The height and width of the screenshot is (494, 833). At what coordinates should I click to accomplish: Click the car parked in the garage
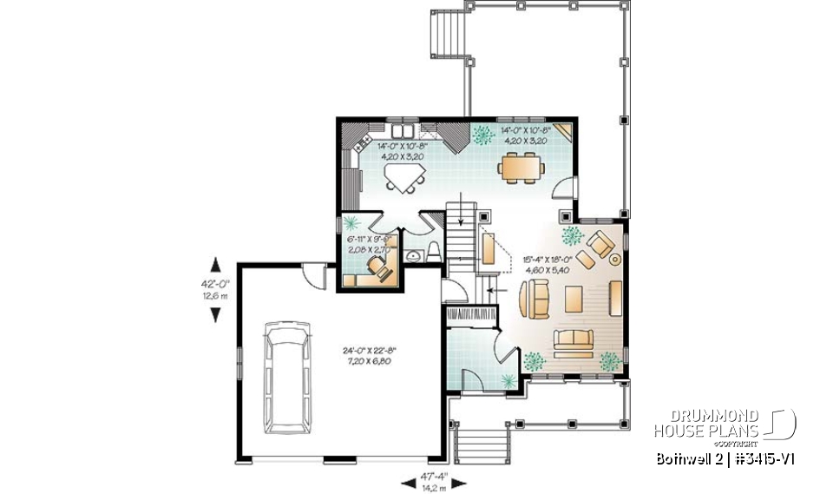pyautogui.click(x=292, y=377)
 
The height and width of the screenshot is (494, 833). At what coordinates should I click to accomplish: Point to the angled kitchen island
pyautogui.click(x=404, y=177)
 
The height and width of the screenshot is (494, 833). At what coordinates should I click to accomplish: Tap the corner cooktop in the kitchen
pyautogui.click(x=451, y=135)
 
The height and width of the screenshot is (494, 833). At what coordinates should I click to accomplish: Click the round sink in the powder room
pyautogui.click(x=413, y=255)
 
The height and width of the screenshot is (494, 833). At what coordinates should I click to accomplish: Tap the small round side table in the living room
pyautogui.click(x=615, y=258)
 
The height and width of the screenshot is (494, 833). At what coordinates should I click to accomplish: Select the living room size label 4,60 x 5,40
pyautogui.click(x=546, y=270)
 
